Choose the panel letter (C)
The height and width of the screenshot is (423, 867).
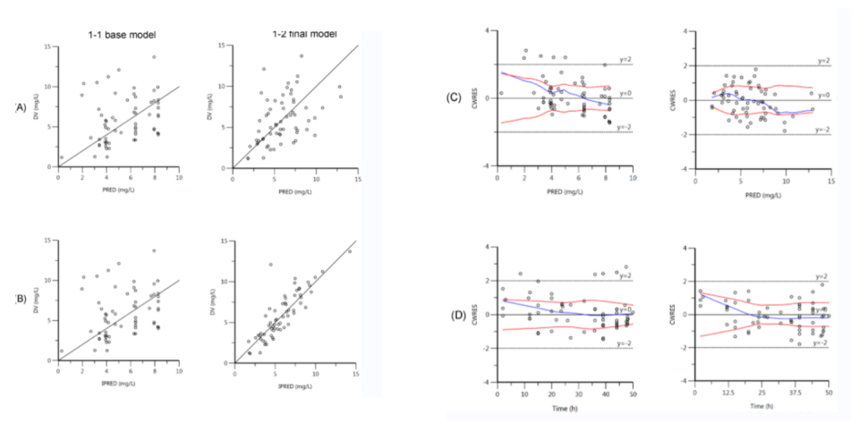click(x=455, y=97)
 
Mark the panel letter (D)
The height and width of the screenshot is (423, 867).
click(x=455, y=315)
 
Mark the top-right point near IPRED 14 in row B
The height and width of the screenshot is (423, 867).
click(x=349, y=251)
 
